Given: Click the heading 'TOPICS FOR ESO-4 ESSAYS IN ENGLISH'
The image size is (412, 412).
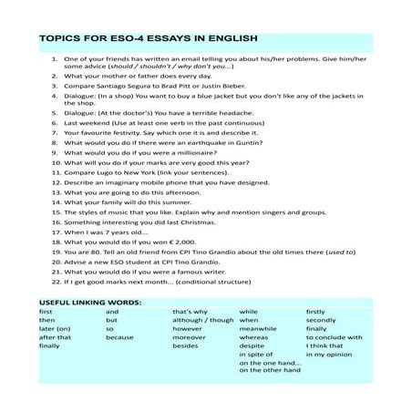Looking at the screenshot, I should click(x=149, y=40).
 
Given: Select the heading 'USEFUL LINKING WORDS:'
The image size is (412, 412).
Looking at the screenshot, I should click(x=89, y=301).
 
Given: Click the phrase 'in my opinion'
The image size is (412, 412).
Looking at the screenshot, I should click(x=329, y=355).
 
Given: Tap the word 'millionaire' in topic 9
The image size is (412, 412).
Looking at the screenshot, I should click(x=191, y=154).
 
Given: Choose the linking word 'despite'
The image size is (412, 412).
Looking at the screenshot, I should click(x=252, y=346).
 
